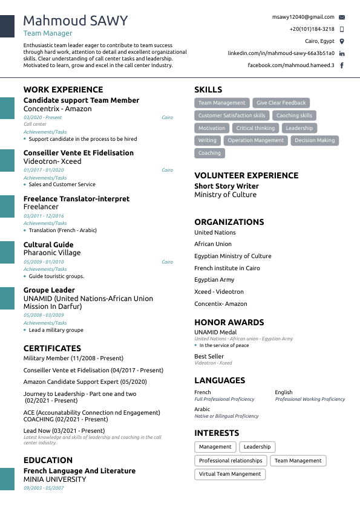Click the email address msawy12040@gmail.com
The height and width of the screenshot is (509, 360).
pyautogui.click(x=303, y=18)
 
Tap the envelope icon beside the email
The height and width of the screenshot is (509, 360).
pyautogui.click(x=342, y=18)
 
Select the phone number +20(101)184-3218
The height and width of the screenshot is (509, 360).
pyautogui.click(x=312, y=29)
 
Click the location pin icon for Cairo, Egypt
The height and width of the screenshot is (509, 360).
pyautogui.click(x=342, y=41)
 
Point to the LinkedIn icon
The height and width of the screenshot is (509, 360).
pyautogui.click(x=342, y=53)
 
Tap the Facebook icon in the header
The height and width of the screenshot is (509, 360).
pyautogui.click(x=342, y=65)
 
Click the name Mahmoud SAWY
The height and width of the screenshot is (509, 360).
pyautogui.click(x=76, y=21)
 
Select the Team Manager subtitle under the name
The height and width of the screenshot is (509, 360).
pyautogui.click(x=48, y=34)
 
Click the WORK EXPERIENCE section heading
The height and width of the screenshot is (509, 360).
pyautogui.click(x=63, y=90)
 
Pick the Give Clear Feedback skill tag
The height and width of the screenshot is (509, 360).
pyautogui.click(x=281, y=103)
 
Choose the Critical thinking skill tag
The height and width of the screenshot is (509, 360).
pyautogui.click(x=255, y=128)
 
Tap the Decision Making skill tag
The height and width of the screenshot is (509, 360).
pyautogui.click(x=315, y=140)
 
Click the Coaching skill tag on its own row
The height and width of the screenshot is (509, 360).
pyautogui.click(x=209, y=153)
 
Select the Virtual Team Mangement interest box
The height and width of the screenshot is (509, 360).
pyautogui.click(x=230, y=475)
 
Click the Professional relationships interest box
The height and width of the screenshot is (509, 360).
pyautogui.click(x=231, y=461)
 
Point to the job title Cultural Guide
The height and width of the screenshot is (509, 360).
pyautogui.click(x=48, y=245)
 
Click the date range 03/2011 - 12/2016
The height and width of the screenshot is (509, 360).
pyautogui.click(x=44, y=216)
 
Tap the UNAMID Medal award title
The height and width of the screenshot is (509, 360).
pyautogui.click(x=215, y=332)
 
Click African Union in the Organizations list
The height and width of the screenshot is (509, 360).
pyautogui.click(x=213, y=244)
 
